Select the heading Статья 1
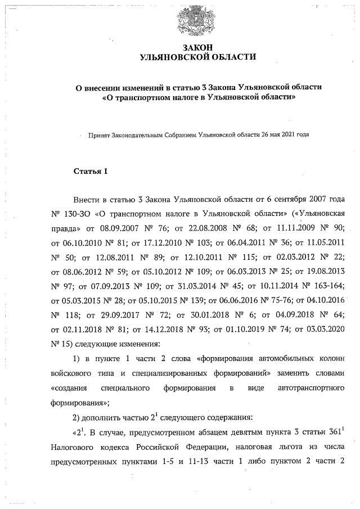click(x=91, y=170)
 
